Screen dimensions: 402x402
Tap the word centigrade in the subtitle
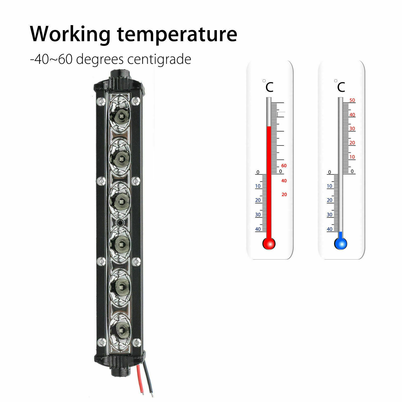pos(159,60)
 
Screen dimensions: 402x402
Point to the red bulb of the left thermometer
pos(269,243)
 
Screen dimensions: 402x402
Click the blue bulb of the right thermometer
pos(340,243)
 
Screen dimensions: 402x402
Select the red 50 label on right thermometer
pos(352,100)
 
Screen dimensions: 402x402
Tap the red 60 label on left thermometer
pos(284,166)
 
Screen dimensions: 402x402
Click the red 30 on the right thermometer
pos(352,129)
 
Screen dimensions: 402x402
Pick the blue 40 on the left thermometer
pos(258,229)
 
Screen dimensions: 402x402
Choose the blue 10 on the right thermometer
pos(330,186)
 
